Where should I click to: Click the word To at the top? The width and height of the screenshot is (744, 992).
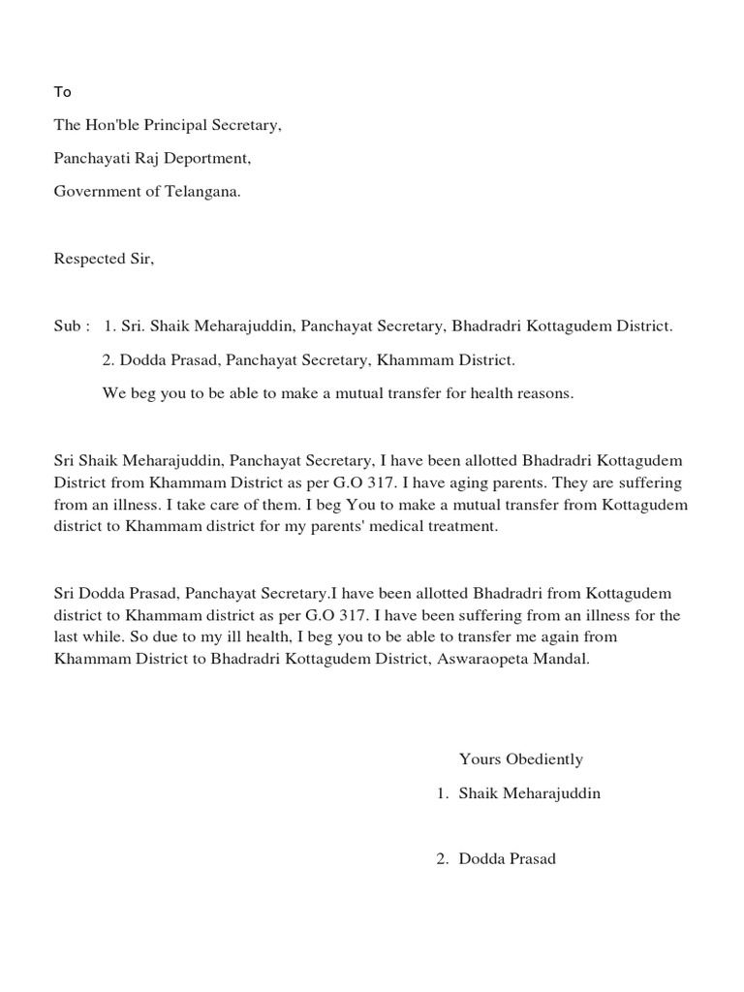[x=62, y=92]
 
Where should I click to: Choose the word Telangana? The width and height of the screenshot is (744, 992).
[x=204, y=191]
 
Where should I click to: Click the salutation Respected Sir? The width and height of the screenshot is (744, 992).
[x=104, y=259]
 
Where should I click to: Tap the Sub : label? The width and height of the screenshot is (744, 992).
[x=72, y=326]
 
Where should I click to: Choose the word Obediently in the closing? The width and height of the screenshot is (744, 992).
[x=541, y=759]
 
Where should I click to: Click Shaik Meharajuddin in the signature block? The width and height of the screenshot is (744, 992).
[x=529, y=793]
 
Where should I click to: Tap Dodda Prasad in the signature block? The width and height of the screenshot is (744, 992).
[x=507, y=858]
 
